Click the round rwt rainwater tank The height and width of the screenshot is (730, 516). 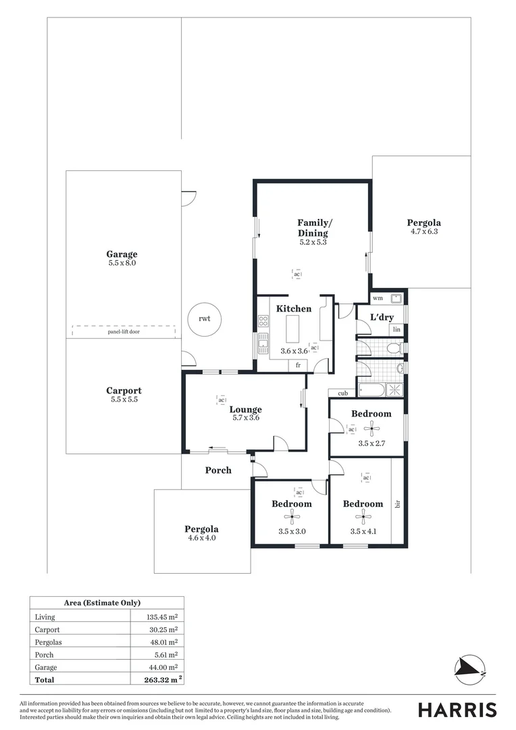coord(204,318)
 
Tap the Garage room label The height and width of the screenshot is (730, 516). coord(122,254)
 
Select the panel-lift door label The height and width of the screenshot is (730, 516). coord(124,333)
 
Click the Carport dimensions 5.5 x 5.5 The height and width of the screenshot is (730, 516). coord(124,399)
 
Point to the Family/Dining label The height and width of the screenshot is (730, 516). coord(313,227)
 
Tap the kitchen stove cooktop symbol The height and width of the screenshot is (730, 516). coord(263,322)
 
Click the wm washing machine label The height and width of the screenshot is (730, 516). coord(378,298)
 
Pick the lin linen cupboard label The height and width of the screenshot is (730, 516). coord(396,329)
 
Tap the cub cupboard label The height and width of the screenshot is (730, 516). coord(342,393)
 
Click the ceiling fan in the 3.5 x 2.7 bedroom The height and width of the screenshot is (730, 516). coord(370,427)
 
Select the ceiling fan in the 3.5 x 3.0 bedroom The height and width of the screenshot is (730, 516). coord(292,518)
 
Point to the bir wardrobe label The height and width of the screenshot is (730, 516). coord(398,504)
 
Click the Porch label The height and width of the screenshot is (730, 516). coord(217,470)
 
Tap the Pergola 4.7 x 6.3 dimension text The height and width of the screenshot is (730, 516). coord(424,232)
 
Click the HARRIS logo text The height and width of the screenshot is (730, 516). coord(457,710)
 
